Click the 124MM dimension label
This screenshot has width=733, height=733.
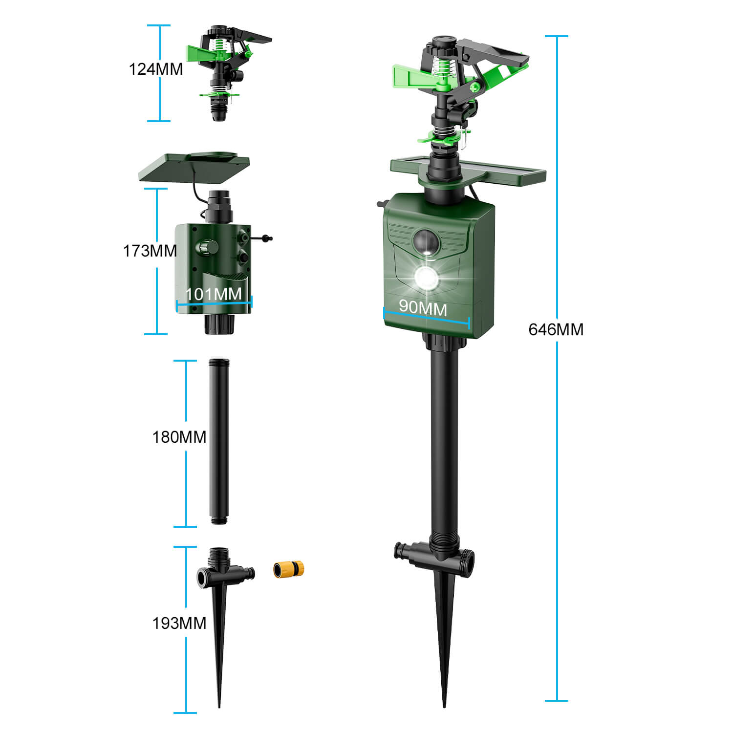tap(155, 69)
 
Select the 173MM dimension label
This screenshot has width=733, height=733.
tap(150, 251)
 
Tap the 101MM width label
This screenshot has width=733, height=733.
tap(214, 294)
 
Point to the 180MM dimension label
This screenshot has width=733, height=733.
tap(179, 437)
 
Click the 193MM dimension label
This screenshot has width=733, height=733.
tap(179, 624)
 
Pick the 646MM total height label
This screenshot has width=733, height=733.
tap(556, 330)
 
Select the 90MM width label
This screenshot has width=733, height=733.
tap(423, 307)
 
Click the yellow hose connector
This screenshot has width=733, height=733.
tap(288, 570)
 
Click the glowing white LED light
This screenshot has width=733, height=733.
tap(426, 279)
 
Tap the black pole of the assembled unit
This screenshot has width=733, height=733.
tap(444, 440)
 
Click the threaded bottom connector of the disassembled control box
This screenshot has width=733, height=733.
tap(219, 324)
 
